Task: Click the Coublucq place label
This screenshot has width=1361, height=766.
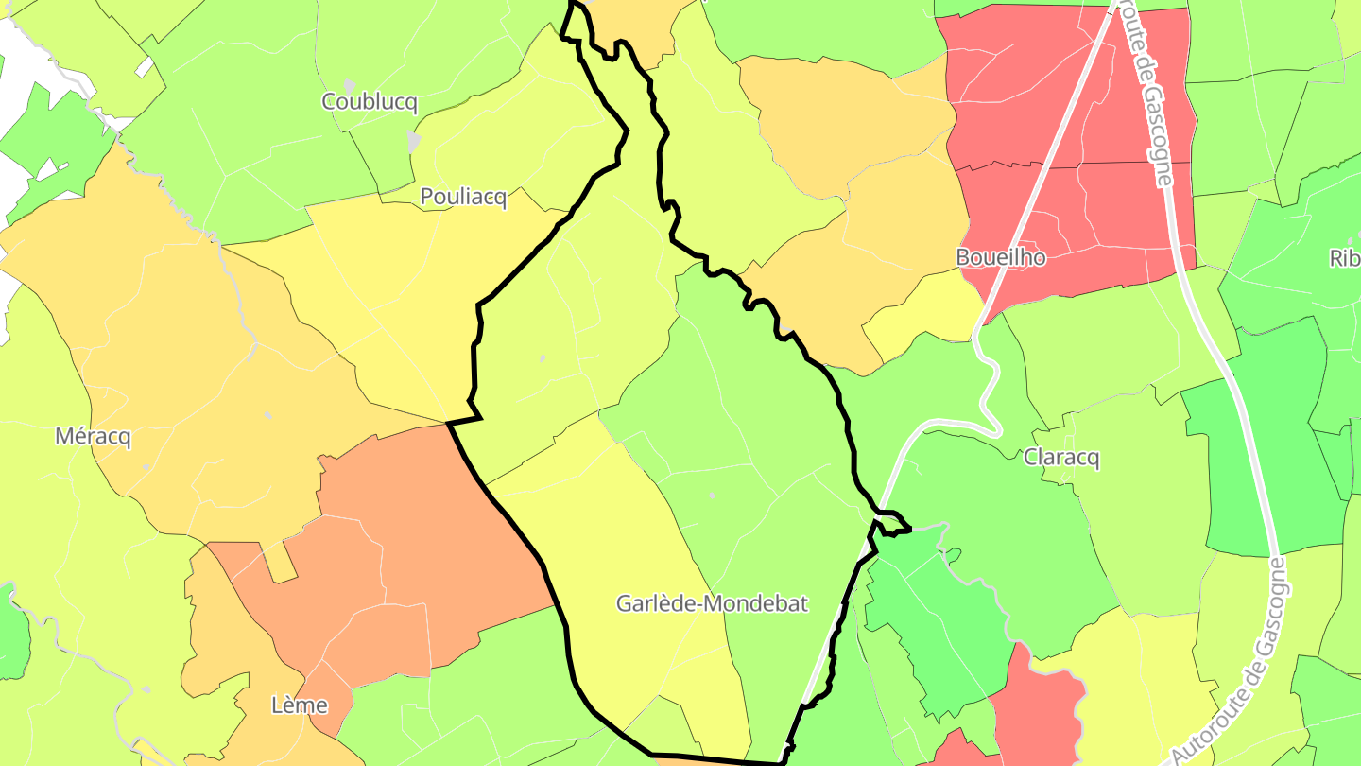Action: (x=370, y=102)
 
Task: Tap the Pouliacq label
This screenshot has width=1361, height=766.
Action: (x=463, y=198)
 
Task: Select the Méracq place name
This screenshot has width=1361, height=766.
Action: (x=93, y=437)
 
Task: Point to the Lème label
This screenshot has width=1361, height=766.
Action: (x=299, y=705)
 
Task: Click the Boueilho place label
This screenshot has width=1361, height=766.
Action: (x=1001, y=257)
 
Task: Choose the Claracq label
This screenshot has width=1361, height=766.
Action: (x=1062, y=458)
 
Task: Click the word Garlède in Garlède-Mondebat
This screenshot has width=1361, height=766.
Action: (x=656, y=603)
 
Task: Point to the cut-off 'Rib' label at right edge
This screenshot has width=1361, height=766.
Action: (x=1344, y=259)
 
